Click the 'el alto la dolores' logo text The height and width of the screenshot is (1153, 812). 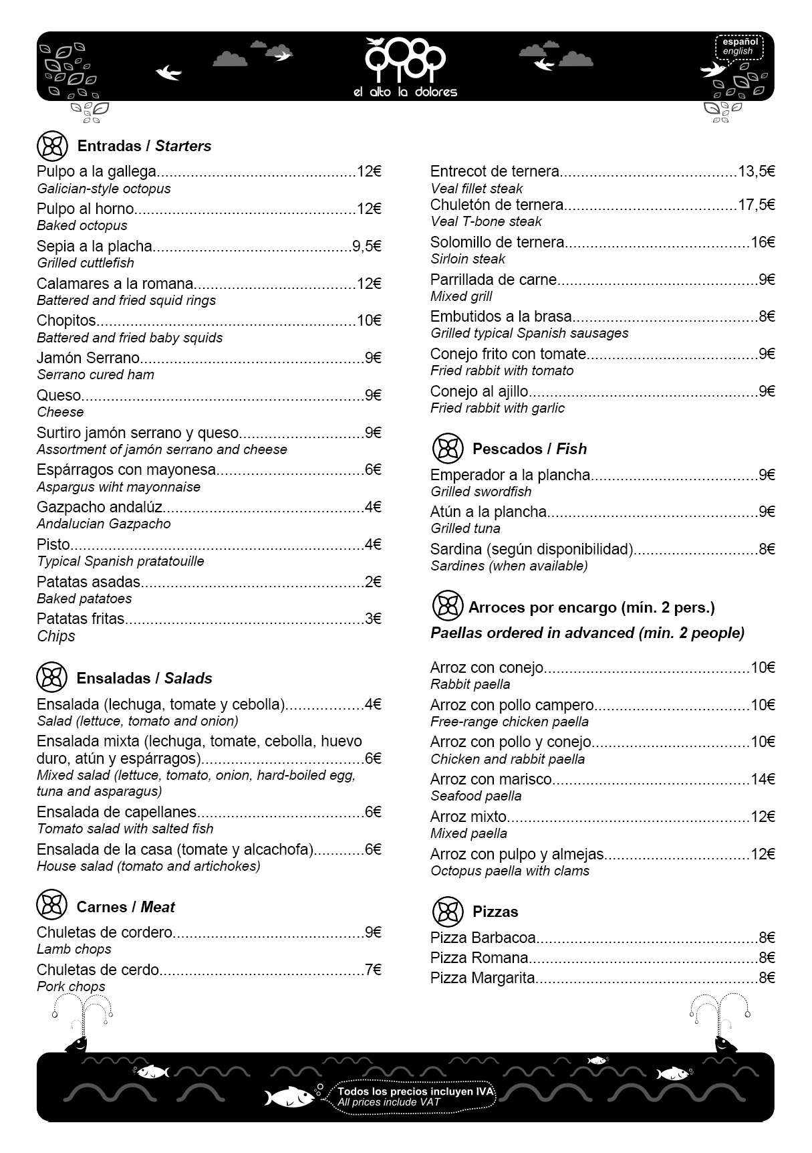405,92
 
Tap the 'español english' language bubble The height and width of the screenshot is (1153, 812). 737,46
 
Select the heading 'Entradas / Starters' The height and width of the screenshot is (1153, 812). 144,146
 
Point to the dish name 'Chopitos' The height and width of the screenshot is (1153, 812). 66,320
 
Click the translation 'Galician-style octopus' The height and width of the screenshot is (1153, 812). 104,189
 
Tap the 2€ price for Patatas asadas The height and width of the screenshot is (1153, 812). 373,582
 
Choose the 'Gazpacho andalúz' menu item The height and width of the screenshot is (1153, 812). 100,507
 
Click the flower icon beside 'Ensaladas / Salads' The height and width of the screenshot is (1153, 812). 51,677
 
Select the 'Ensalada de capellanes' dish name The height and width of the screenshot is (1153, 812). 116,812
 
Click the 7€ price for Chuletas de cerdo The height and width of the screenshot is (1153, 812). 373,970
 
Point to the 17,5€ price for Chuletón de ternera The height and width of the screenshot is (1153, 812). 757,205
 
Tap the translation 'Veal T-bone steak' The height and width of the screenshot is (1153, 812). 486,221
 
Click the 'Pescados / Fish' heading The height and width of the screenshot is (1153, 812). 529,449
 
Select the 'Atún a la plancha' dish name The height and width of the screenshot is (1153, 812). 488,512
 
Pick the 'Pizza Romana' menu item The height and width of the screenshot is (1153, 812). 479,958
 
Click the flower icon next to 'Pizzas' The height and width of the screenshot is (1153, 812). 448,911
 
